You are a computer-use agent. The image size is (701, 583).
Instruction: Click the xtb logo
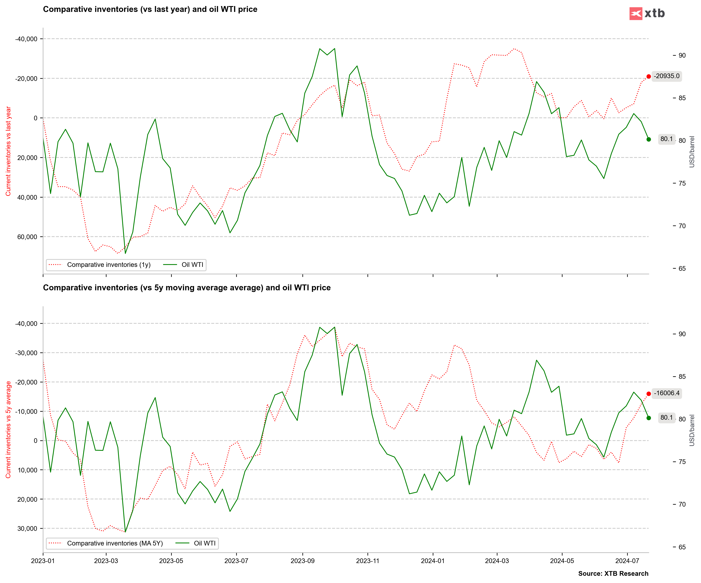click(647, 13)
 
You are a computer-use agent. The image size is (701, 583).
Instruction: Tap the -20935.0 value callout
click(666, 76)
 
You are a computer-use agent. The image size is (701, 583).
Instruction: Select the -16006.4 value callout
click(666, 393)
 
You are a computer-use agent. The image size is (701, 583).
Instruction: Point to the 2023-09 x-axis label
click(302, 561)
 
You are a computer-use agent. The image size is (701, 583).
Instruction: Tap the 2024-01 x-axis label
click(433, 561)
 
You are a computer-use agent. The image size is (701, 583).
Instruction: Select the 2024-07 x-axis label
click(627, 561)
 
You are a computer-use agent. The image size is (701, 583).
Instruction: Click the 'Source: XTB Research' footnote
click(613, 574)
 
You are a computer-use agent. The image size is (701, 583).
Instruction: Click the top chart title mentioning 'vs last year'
click(150, 9)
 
